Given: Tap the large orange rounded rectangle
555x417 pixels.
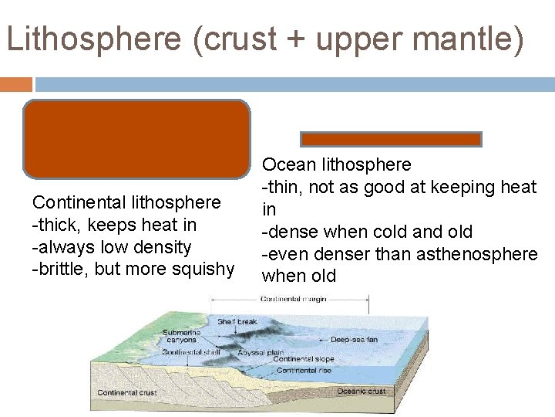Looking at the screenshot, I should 136,139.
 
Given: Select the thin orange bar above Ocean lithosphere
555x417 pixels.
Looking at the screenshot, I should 391,139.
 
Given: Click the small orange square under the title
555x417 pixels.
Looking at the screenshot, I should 16,83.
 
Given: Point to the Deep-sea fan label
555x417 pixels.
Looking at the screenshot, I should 354,339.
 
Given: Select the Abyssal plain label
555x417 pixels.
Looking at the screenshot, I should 261,352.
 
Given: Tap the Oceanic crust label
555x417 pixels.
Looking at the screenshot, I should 361,391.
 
